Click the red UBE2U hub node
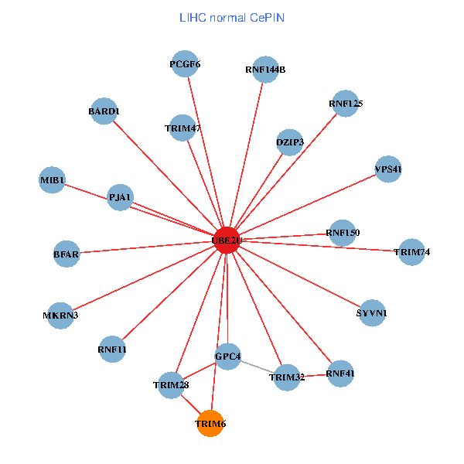point(227,240)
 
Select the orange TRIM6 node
point(210,423)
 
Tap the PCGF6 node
point(185,64)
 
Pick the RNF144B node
point(265,69)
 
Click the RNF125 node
point(346,103)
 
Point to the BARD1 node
point(104,111)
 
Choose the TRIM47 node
point(183,128)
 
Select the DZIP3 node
point(290,142)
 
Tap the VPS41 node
point(387,169)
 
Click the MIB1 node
point(53,180)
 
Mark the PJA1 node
point(120,197)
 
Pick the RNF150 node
point(343,232)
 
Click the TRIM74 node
point(411,252)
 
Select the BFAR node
point(67,253)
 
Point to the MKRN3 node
point(60,315)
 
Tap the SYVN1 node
point(371,313)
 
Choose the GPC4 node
point(227,356)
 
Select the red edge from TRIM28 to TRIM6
point(189,404)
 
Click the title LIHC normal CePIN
point(231,17)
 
